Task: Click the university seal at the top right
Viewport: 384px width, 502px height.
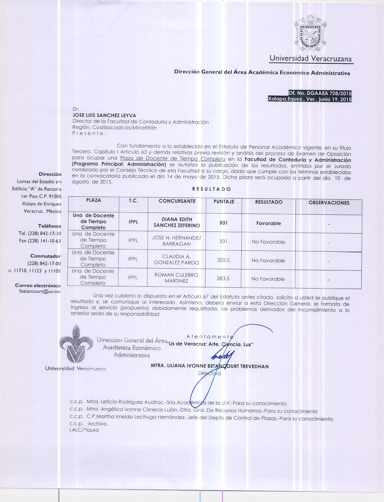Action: pyautogui.click(x=310, y=33)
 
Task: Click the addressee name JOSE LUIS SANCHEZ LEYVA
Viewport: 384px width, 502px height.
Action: pyautogui.click(x=104, y=115)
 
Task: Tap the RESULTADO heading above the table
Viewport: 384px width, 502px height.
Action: pyautogui.click(x=211, y=189)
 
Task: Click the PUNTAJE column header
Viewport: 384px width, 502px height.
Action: pyautogui.click(x=223, y=201)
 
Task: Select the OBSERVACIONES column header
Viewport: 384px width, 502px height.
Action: pyautogui.click(x=329, y=203)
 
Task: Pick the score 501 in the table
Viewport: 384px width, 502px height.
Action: pyautogui.click(x=223, y=223)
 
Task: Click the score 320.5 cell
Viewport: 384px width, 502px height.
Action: pyautogui.click(x=223, y=260)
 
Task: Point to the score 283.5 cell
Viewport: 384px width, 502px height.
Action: pyautogui.click(x=223, y=279)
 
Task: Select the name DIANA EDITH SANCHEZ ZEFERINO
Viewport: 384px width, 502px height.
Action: pyautogui.click(x=177, y=222)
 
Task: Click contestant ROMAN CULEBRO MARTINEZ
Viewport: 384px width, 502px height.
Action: pyautogui.click(x=176, y=278)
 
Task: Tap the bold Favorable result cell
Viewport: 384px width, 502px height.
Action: pyautogui.click(x=268, y=223)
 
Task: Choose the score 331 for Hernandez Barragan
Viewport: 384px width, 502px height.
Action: pyautogui.click(x=223, y=241)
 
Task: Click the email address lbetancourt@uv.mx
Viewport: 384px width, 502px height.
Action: pyautogui.click(x=39, y=292)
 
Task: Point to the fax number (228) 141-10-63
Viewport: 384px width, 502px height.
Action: pyautogui.click(x=40, y=241)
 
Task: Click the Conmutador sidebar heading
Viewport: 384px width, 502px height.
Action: pyautogui.click(x=45, y=256)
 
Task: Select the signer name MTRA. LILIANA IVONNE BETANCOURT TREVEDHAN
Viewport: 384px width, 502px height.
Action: pyautogui.click(x=210, y=366)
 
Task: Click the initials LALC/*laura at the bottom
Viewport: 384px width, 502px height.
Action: pyautogui.click(x=84, y=430)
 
